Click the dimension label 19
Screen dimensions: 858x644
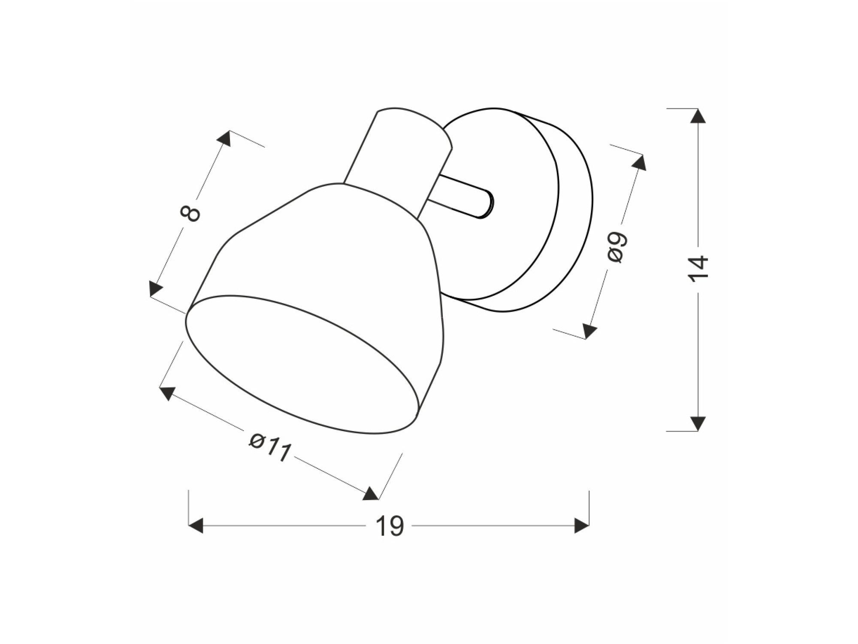coord(390,526)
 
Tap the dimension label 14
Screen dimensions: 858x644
coord(698,269)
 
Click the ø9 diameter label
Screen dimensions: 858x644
coord(618,248)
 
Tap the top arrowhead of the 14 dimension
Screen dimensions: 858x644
coord(698,116)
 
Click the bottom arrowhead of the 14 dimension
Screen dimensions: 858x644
coord(698,423)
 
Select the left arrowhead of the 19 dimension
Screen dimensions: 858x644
coord(196,526)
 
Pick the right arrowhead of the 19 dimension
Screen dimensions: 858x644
coord(582,526)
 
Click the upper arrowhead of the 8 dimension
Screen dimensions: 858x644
coord(224,138)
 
